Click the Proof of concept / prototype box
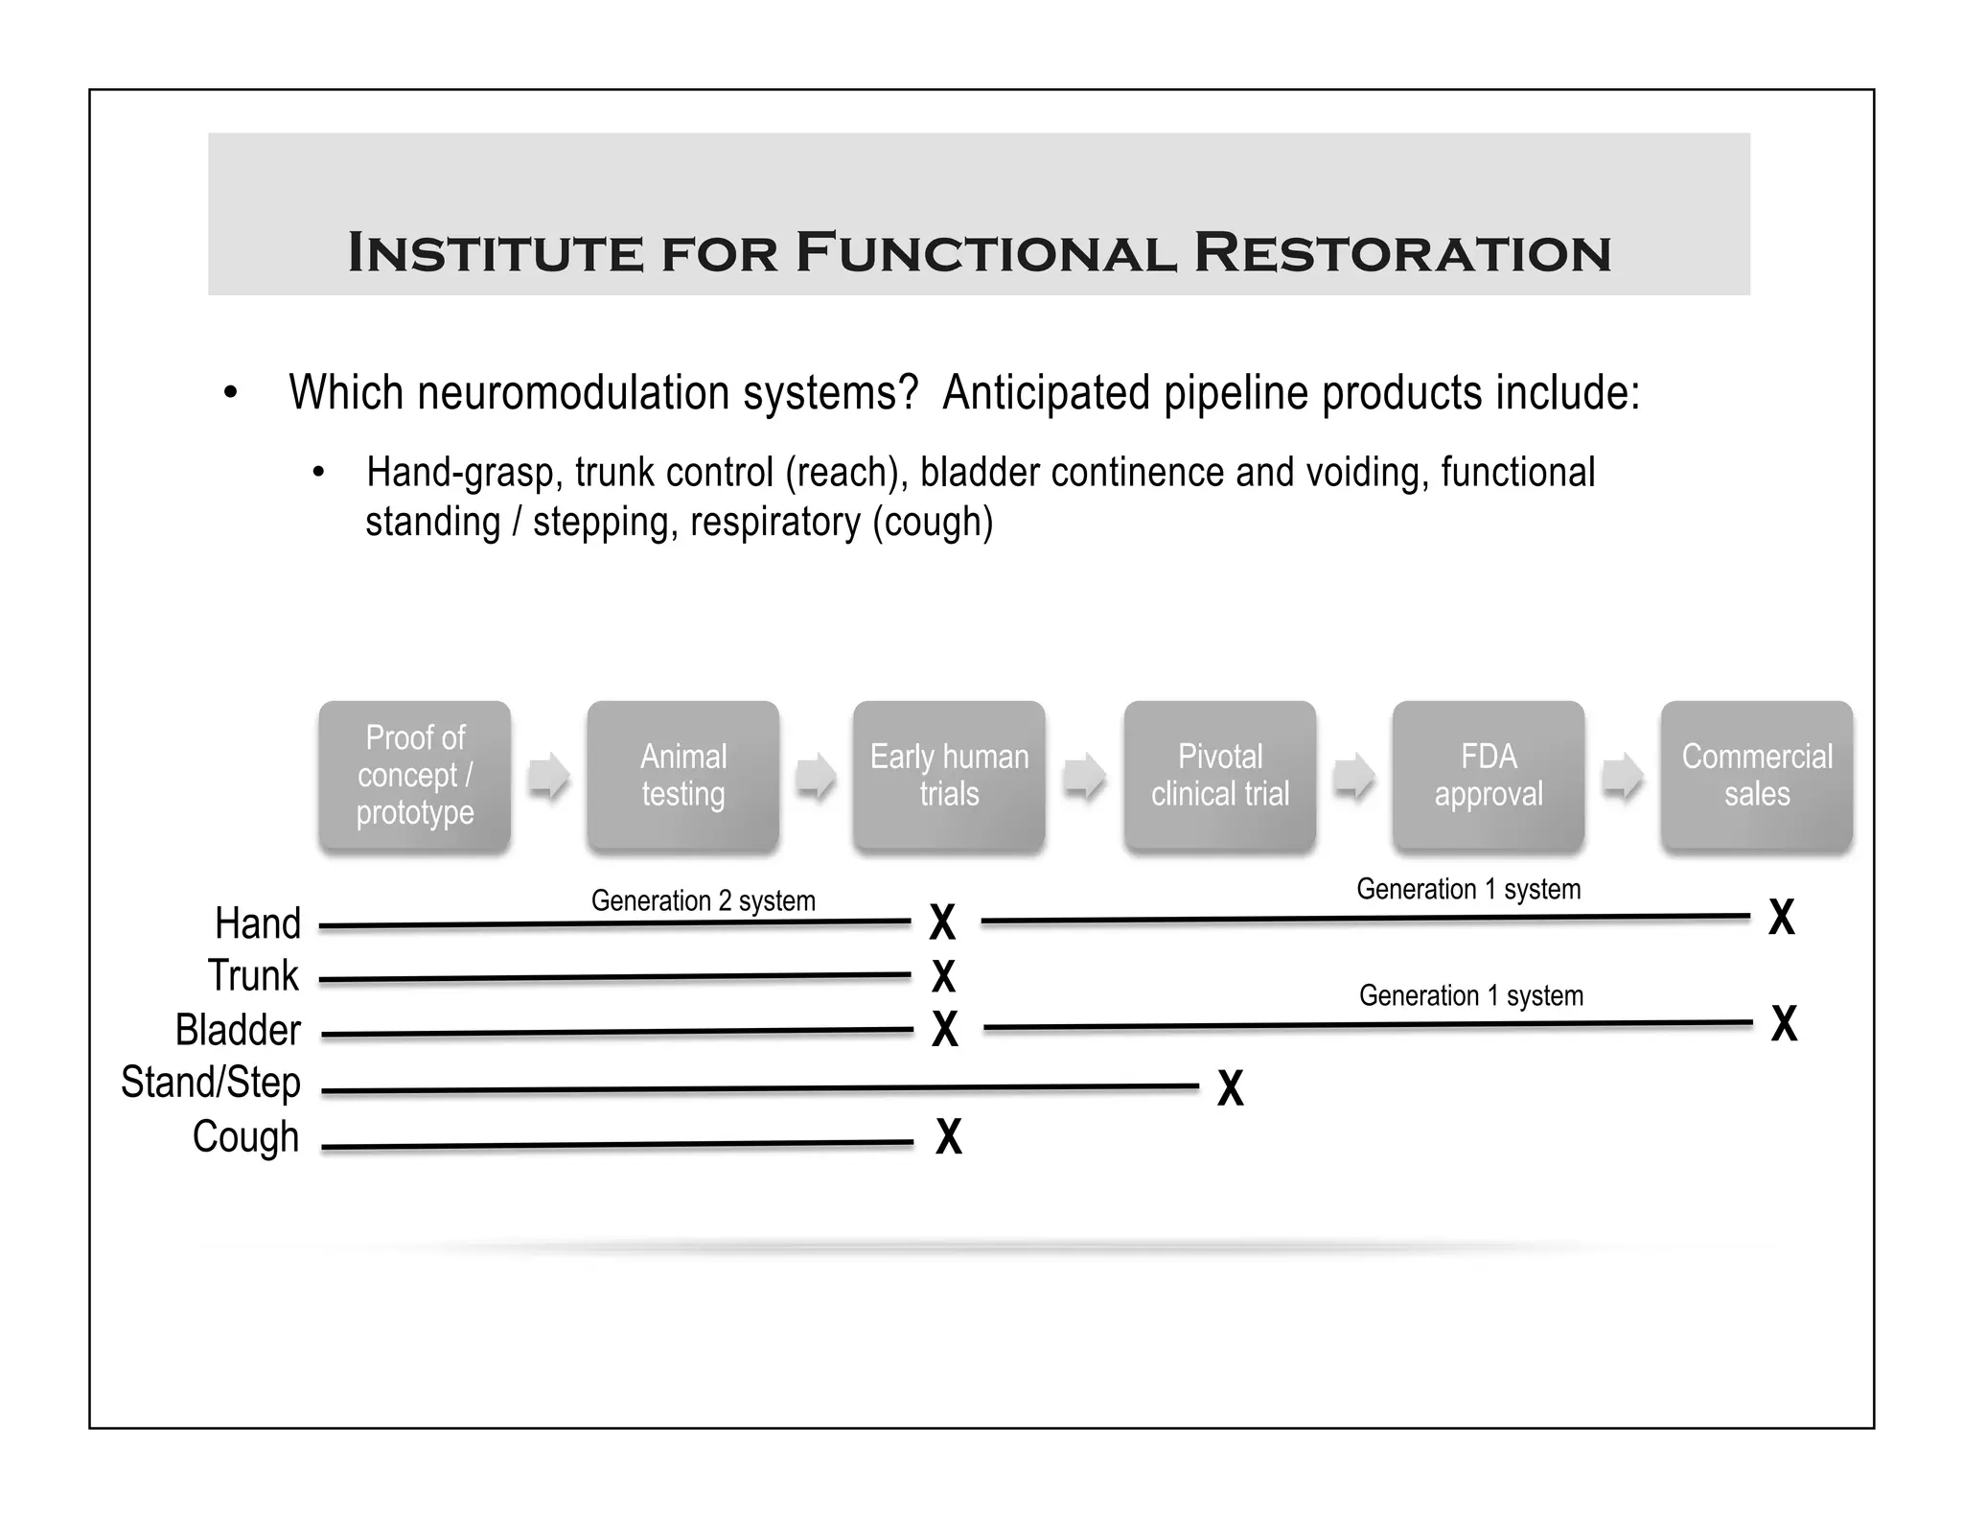pyautogui.click(x=414, y=775)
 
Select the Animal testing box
pyautogui.click(x=682, y=775)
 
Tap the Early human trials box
pyautogui.click(x=949, y=775)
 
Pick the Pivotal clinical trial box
pyautogui.click(x=1219, y=775)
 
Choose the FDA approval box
pyautogui.click(x=1488, y=775)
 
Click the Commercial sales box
pyautogui.click(x=1756, y=775)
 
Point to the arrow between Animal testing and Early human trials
pyautogui.click(x=816, y=775)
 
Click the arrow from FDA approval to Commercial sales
pyautogui.click(x=1622, y=775)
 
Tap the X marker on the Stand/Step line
pyautogui.click(x=1230, y=1088)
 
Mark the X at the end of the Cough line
pyautogui.click(x=948, y=1136)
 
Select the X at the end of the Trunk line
pyautogui.click(x=943, y=976)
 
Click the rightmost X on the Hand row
pyautogui.click(x=1781, y=917)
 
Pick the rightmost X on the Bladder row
pyautogui.click(x=1783, y=1023)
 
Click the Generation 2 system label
pyautogui.click(x=703, y=900)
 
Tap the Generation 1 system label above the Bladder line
pyautogui.click(x=1470, y=995)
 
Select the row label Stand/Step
pyautogui.click(x=211, y=1083)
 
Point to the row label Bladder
pyautogui.click(x=238, y=1030)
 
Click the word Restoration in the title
pyautogui.click(x=1401, y=254)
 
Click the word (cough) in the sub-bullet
pyautogui.click(x=932, y=523)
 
